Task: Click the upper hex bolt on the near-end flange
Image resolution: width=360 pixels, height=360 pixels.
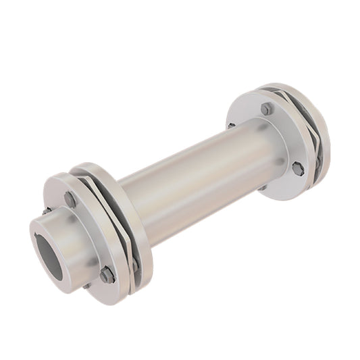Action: click(x=70, y=199)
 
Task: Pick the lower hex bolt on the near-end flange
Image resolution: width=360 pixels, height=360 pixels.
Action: click(x=106, y=274)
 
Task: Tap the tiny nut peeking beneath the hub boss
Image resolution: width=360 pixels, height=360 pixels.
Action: click(x=86, y=285)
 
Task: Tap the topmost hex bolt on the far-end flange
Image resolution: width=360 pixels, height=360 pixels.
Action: click(x=267, y=109)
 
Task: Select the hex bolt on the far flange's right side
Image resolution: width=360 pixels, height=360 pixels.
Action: click(x=297, y=168)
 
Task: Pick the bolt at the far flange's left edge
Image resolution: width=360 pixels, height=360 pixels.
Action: click(x=231, y=126)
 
